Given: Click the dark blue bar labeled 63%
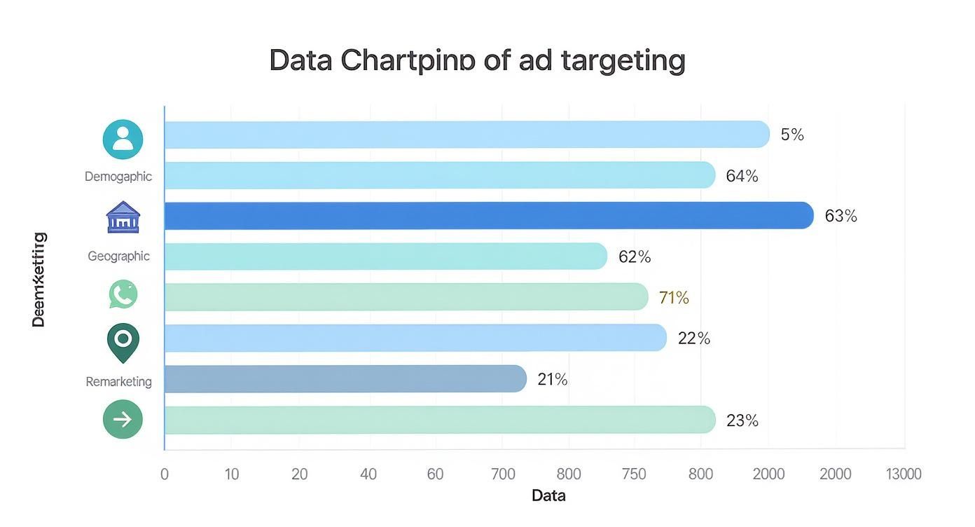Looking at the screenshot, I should click(x=488, y=216).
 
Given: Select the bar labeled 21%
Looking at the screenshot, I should click(x=345, y=379).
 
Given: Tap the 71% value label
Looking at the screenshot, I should click(x=674, y=298).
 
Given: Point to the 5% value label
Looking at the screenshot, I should click(x=792, y=135).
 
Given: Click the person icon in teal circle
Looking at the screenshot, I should click(x=123, y=139).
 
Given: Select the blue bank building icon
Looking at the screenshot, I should click(x=123, y=217).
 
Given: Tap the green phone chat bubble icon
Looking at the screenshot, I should click(x=123, y=294).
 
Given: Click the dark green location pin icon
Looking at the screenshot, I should click(x=123, y=342).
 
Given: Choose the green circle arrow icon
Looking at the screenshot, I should click(x=123, y=420).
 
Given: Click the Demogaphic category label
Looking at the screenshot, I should click(x=118, y=177).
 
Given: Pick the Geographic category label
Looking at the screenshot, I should click(x=118, y=256).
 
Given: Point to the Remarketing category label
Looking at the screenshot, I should click(x=118, y=382).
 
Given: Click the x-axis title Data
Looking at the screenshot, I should click(x=548, y=496).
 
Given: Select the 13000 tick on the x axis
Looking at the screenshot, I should click(x=904, y=474).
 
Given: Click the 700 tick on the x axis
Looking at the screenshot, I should click(x=503, y=474).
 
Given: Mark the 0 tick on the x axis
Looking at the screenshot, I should click(x=165, y=474).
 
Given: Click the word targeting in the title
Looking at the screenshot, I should click(x=623, y=61).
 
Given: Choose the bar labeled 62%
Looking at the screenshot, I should click(x=385, y=256).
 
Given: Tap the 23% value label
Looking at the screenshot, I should click(x=742, y=420).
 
